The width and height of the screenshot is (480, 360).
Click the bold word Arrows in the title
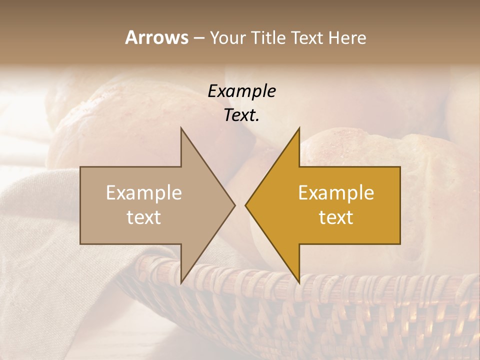(x=156, y=37)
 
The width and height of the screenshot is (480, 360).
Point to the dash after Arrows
(x=198, y=38)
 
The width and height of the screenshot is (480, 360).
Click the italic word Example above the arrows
(x=241, y=91)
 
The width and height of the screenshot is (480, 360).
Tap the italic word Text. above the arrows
(x=241, y=115)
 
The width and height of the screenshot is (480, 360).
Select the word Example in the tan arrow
(x=143, y=193)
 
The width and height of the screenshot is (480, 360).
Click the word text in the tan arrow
(x=143, y=217)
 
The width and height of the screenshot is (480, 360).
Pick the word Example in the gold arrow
(x=336, y=193)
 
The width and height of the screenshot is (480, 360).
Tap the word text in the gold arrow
(x=336, y=217)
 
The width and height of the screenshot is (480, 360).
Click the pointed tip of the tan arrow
(x=234, y=205)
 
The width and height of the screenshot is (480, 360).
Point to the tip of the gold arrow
(x=246, y=205)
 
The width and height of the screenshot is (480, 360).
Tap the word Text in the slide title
(x=307, y=38)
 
